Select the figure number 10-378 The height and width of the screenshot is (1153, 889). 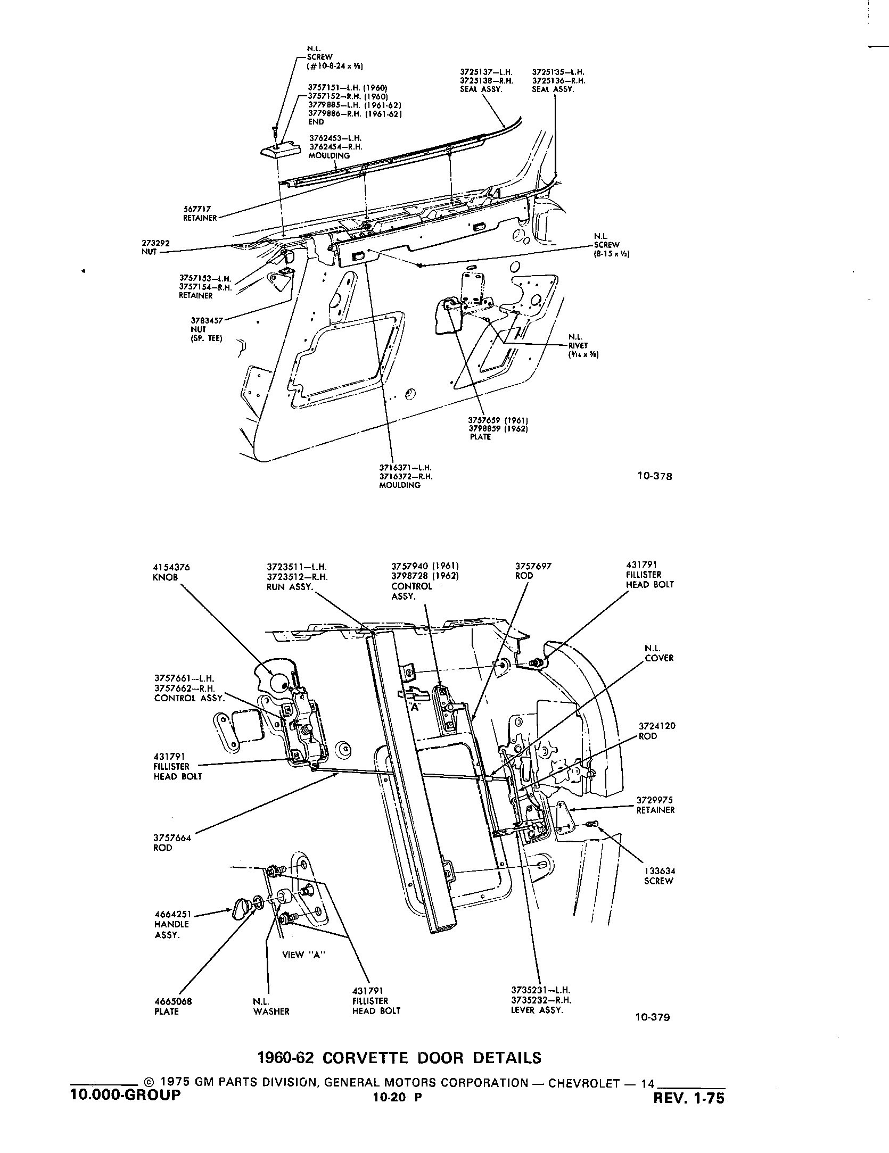tap(655, 476)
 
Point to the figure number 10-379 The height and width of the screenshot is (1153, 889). tap(653, 1032)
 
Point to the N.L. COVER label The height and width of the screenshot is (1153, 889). tap(659, 653)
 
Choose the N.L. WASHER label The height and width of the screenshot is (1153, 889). tap(271, 1006)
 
